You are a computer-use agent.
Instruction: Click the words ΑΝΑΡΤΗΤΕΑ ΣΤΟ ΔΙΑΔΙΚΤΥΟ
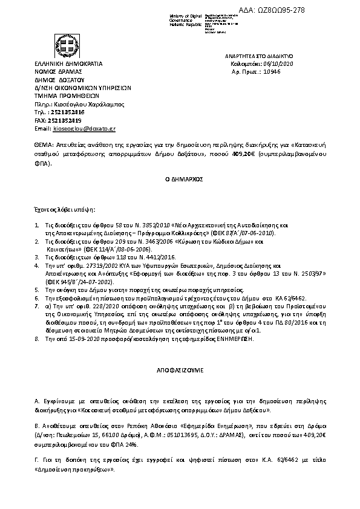point(258,55)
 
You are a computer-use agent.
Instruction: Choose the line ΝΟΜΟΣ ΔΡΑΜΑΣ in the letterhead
point(58,71)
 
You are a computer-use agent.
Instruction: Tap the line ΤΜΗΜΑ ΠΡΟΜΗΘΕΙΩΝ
point(59,95)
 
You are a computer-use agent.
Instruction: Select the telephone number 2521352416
point(68,112)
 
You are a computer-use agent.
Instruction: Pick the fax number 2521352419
point(68,120)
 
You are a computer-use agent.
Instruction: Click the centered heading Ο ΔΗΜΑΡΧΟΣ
point(180,180)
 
